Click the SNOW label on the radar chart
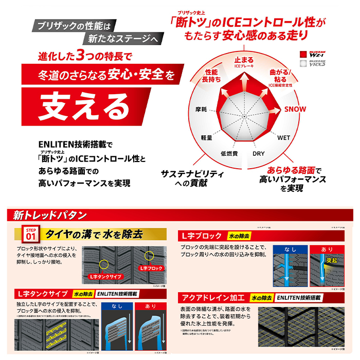coord(295,109)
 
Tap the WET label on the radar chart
coord(283,138)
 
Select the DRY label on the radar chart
coord(258,153)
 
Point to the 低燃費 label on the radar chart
coord(228,153)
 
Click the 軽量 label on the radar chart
coord(207,138)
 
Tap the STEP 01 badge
coord(30,236)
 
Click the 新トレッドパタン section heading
coord(50,215)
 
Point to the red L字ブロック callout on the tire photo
coord(151,268)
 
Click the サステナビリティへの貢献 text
coord(192,177)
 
